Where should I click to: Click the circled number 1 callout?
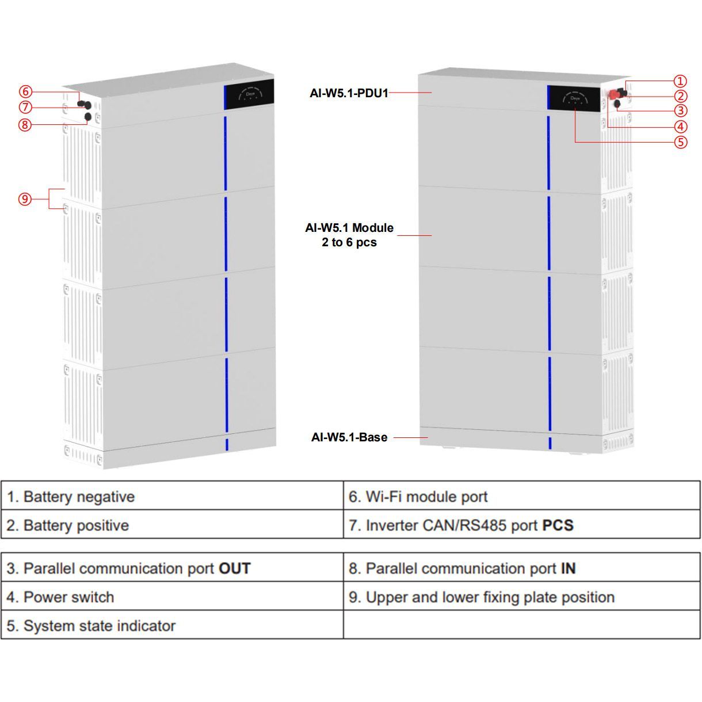[x=680, y=82]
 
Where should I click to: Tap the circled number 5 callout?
[x=681, y=142]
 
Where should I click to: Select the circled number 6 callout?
[x=25, y=91]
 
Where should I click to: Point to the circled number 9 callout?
[x=25, y=199]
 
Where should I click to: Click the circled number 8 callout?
[x=25, y=124]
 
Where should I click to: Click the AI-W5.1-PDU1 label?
[x=349, y=93]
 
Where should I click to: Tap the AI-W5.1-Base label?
[x=349, y=437]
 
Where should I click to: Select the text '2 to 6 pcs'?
[x=349, y=242]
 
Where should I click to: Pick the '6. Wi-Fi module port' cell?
[x=521, y=497]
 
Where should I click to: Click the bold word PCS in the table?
[x=558, y=525]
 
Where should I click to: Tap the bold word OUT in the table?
[x=235, y=569]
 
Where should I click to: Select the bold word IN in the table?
[x=568, y=569]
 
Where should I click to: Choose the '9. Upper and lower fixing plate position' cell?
[x=521, y=597]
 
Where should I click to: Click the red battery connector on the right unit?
[x=613, y=95]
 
